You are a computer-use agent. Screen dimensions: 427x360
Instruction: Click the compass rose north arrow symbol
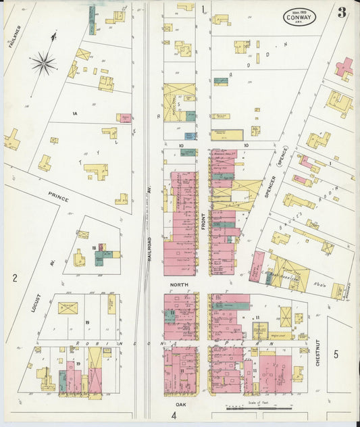44,63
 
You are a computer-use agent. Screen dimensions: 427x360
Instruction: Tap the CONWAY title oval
298,16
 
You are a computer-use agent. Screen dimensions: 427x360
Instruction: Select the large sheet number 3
342,12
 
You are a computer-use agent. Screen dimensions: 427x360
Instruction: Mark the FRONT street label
203,223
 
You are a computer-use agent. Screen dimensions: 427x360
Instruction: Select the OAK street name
180,404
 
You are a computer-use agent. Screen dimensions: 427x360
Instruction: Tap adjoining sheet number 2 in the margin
14,278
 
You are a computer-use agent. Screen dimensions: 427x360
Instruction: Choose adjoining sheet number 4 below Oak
174,416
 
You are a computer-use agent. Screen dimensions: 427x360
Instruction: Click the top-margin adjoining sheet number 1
203,9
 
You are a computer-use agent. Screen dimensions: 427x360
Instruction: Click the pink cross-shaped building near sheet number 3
344,68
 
